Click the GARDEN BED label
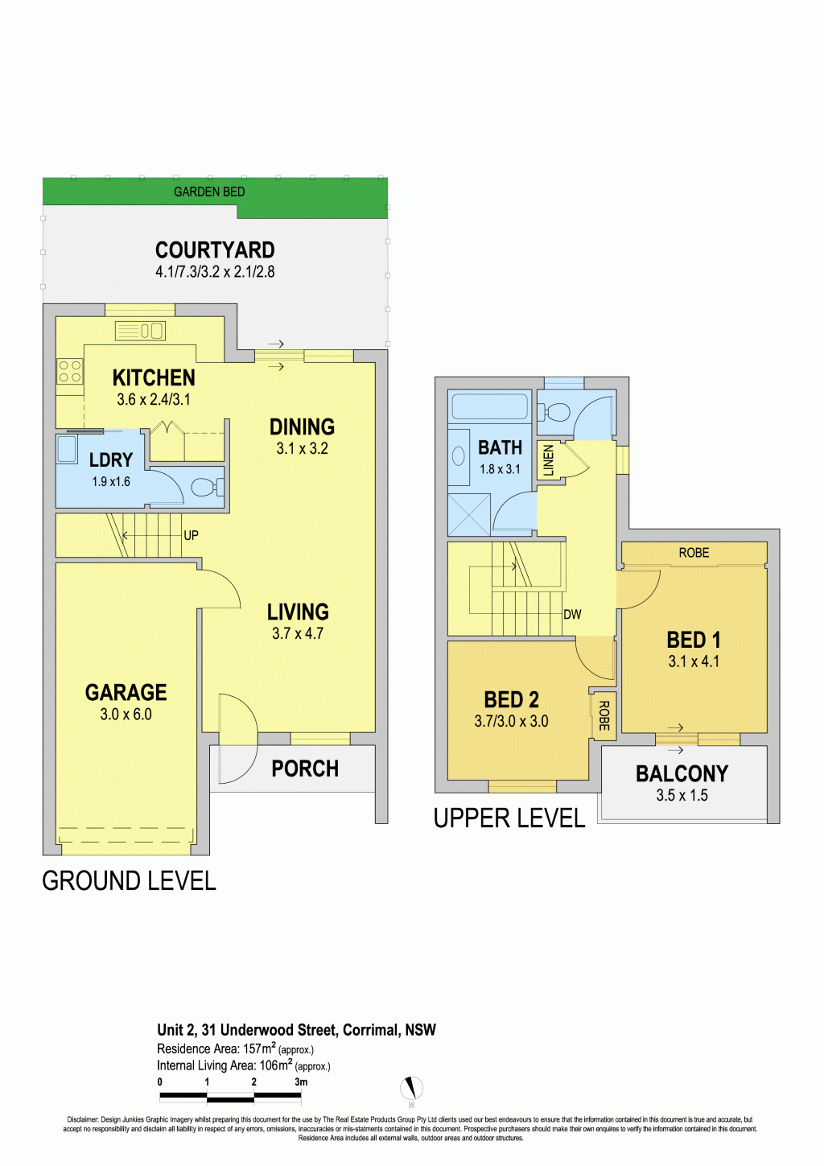tap(209, 192)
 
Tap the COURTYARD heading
tap(215, 249)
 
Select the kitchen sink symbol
tap(140, 331)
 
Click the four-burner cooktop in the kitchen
tap(70, 371)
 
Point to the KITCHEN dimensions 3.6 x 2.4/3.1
tap(154, 400)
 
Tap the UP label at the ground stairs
tap(191, 535)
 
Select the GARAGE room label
tap(126, 692)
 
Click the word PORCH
tap(305, 768)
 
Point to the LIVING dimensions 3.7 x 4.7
tap(298, 633)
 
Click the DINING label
tap(302, 426)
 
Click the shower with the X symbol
tap(469, 514)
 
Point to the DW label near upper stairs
tap(572, 615)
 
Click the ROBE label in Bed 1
tap(694, 553)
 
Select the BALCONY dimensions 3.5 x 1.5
tap(682, 795)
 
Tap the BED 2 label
tap(511, 699)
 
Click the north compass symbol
tap(411, 1087)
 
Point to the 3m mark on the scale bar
tap(301, 1082)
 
